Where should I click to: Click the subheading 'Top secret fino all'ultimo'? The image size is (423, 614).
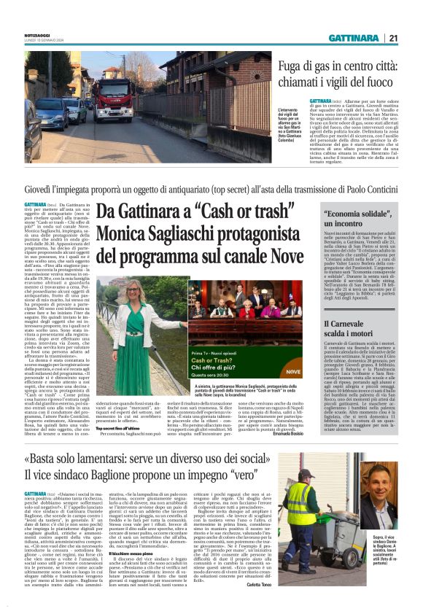coord(120,408)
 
